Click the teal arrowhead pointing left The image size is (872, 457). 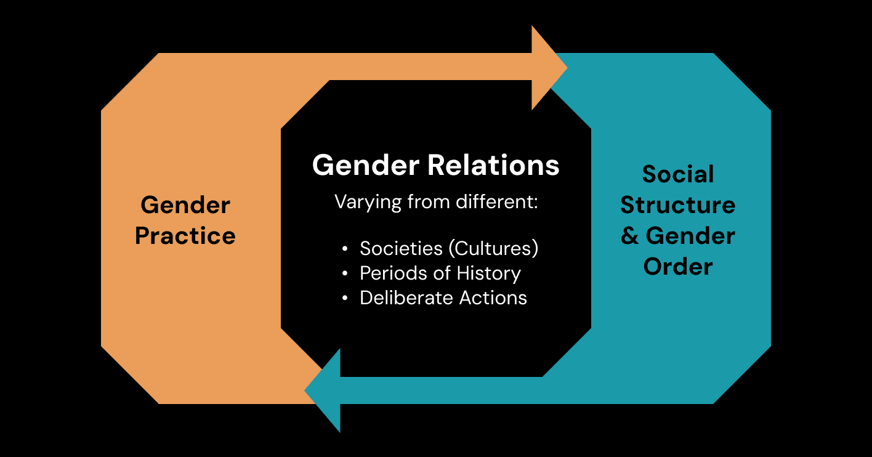(x=325, y=390)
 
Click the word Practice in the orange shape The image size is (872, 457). (x=185, y=236)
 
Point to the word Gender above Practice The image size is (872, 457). (x=185, y=205)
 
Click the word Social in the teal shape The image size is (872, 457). (x=678, y=174)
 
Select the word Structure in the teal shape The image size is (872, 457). (x=678, y=205)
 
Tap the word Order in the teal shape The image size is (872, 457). (x=678, y=267)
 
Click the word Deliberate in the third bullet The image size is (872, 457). (x=399, y=297)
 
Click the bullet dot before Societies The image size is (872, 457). (x=345, y=249)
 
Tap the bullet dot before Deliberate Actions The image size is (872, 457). (x=345, y=299)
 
